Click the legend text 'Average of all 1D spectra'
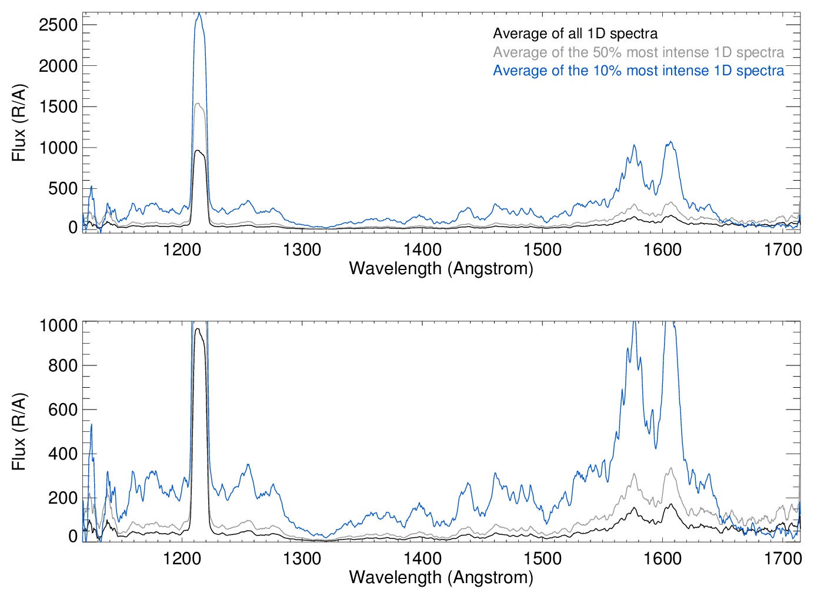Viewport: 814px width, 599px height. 575,34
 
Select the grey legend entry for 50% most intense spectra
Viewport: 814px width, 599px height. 638,52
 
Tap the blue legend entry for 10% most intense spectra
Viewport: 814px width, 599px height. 638,71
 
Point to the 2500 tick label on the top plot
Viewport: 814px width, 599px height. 58,25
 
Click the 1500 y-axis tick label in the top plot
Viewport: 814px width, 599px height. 58,107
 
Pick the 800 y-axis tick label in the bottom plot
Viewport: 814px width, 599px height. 62,365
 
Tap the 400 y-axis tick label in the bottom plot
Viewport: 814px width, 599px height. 62,454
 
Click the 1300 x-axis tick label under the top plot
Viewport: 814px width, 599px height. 302,249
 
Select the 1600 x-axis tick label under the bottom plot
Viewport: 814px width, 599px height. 662,558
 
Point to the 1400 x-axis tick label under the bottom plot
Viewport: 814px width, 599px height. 422,558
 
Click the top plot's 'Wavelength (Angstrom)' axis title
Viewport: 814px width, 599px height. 441,268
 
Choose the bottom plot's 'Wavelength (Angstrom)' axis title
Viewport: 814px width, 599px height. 441,577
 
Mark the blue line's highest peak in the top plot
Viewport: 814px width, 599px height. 199,14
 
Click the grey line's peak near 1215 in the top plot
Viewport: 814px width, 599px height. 198,104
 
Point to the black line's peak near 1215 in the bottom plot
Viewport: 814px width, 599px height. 198,329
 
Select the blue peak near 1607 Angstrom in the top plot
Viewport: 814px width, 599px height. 670,142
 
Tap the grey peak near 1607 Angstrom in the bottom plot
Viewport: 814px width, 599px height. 671,468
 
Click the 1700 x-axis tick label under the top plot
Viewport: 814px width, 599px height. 782,249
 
